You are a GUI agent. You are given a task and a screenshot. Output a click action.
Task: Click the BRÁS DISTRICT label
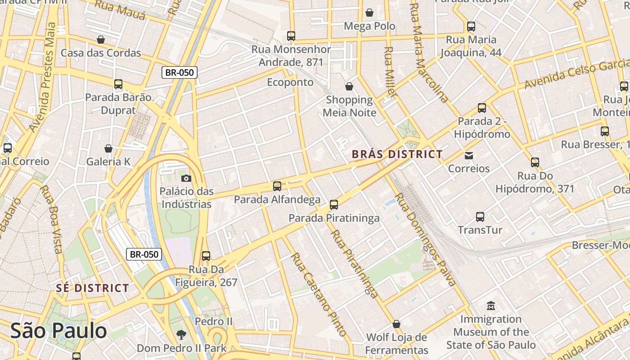tap(397, 154)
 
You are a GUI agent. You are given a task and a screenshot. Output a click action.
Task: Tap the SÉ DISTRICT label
tap(93, 288)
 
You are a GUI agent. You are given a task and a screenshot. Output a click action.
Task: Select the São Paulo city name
tap(58, 331)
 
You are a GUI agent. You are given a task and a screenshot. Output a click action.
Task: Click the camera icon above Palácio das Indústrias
tap(186, 178)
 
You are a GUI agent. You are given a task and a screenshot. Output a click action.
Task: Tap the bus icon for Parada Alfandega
tap(277, 186)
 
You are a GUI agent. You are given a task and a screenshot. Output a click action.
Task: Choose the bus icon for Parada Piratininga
tap(334, 205)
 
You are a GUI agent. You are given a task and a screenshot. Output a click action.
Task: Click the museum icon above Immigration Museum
tap(491, 306)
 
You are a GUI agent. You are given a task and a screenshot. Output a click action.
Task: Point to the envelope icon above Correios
tap(469, 156)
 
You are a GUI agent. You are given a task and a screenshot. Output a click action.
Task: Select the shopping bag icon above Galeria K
tap(108, 148)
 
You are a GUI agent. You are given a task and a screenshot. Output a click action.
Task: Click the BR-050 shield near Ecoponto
tap(180, 72)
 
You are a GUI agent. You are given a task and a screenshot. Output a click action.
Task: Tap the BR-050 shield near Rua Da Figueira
tap(144, 254)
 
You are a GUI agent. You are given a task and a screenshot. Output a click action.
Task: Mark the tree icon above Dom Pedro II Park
tap(181, 334)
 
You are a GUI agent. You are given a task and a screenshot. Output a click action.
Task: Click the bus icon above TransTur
tap(480, 217)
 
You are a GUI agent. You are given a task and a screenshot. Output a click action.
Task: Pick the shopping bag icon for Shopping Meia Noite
tap(349, 86)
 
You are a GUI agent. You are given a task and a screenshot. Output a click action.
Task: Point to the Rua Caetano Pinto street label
tap(319, 294)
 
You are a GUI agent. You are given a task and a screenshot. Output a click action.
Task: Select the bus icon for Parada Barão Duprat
tap(118, 84)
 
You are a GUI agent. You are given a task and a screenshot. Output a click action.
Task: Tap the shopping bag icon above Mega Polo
tap(369, 13)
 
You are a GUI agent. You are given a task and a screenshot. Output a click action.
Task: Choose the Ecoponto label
tap(290, 82)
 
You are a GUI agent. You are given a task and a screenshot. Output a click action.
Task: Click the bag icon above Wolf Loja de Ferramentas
tap(396, 324)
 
